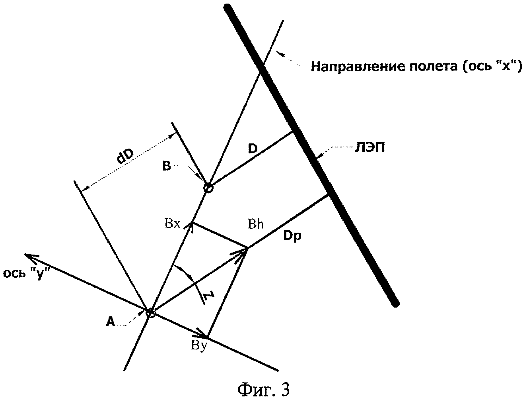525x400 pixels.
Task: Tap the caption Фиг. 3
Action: point(264,389)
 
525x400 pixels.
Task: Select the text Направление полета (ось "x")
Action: point(416,67)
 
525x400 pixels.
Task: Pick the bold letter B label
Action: point(167,167)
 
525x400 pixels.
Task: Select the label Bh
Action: point(256,224)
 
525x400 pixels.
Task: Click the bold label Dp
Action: point(292,236)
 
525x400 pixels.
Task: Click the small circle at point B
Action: point(208,188)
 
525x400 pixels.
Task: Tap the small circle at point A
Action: point(150,313)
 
